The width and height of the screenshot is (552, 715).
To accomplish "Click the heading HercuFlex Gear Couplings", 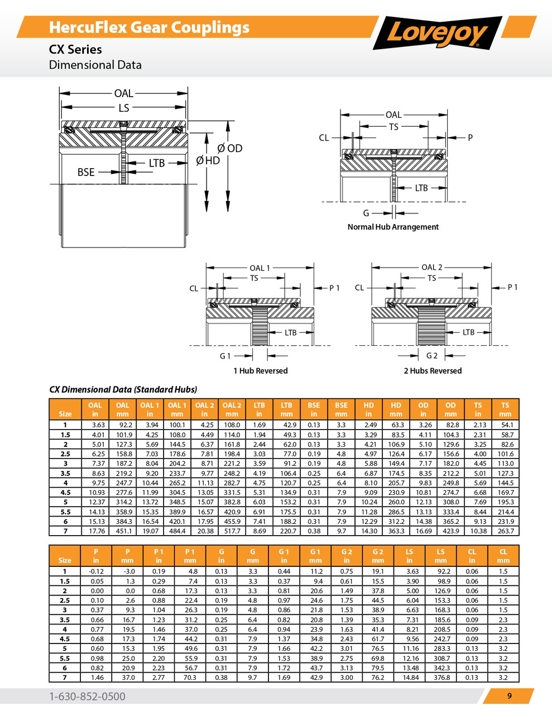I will point(149,27).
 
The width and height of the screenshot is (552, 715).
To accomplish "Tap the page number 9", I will point(509,695).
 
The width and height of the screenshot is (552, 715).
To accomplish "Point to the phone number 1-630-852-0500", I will point(87,696).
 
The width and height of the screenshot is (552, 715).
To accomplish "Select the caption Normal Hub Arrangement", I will point(393,227).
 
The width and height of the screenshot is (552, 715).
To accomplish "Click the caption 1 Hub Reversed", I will point(261,370).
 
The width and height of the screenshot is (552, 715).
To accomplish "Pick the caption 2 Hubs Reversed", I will point(433,370).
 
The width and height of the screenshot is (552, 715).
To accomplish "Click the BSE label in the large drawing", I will point(86,172).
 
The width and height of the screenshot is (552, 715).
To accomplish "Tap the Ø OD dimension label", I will point(230,148).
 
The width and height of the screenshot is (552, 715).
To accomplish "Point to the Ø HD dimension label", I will point(208,160).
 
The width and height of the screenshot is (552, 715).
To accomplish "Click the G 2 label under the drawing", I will point(431,356).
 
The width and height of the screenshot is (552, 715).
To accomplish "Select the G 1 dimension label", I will point(225,356).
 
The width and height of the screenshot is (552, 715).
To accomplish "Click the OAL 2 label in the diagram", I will point(431,267).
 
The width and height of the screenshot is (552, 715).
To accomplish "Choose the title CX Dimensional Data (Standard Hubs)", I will point(123,389).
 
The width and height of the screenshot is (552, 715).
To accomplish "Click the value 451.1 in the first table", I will point(123,531).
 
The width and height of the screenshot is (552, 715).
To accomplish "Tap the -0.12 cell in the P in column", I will point(96,571).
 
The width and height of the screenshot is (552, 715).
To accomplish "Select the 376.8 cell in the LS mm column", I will point(441,677).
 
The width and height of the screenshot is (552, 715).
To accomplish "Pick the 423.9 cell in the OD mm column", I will point(450,531).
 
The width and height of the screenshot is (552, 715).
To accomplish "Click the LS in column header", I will point(410,556).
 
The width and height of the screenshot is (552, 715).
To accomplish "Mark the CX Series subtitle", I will point(75,49).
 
